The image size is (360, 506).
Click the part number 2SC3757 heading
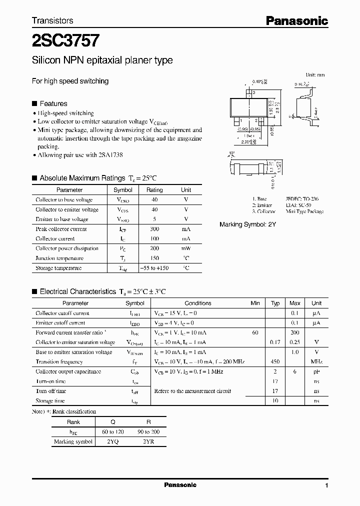pos(65,40)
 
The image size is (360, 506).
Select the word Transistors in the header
pos(52,20)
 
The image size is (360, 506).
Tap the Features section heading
pos(53,103)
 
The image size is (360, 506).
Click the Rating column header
pos(154,190)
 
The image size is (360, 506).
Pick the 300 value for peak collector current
pos(154,229)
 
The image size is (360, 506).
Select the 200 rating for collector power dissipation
pos(154,248)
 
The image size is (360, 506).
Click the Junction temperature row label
pos(59,258)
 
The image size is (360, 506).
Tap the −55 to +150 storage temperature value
pos(154,268)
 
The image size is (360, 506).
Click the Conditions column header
pos(198,303)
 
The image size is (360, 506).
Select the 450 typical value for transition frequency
pos(275,362)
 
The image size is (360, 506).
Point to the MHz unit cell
pos(316,362)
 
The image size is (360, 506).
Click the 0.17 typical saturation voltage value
pos(275,342)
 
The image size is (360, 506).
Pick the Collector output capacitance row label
pos(68,371)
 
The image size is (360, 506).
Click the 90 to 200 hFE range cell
pos(148,431)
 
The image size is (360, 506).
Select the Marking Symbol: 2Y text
pos(247,225)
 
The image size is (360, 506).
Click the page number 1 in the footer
pos(326,485)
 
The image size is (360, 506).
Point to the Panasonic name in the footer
pos(180,485)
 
